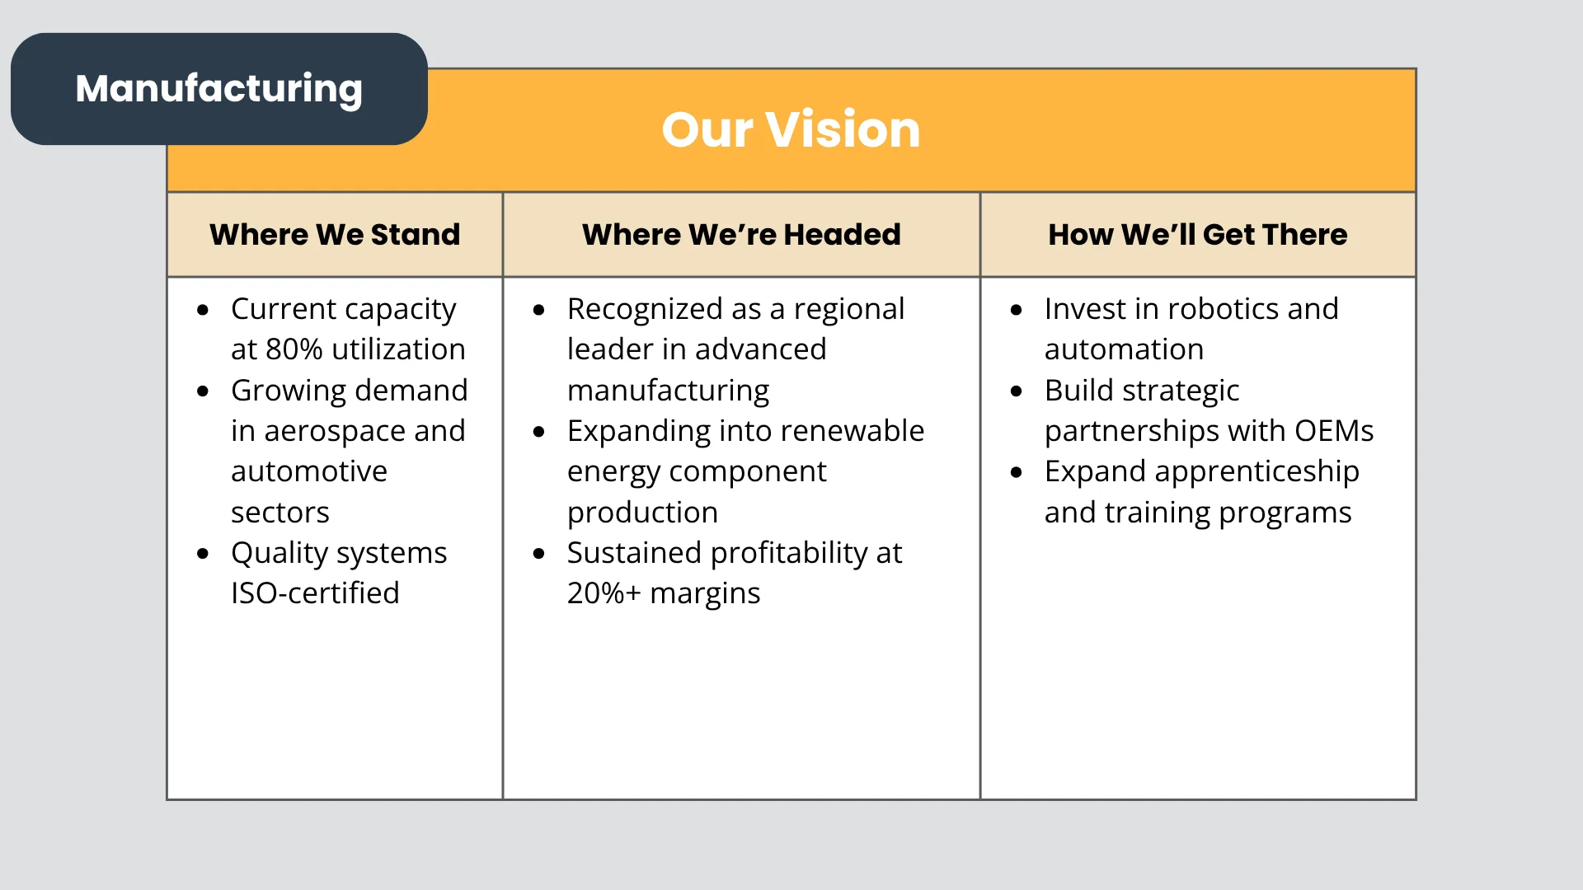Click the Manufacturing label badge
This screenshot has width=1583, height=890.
click(219, 89)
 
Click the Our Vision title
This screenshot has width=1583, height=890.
click(791, 129)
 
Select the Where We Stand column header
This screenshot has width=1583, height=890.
click(335, 235)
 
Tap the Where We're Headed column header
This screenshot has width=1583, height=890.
click(741, 235)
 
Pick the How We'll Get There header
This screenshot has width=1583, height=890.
click(1198, 235)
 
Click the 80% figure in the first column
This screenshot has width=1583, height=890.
click(294, 349)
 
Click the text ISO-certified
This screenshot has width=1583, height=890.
click(315, 593)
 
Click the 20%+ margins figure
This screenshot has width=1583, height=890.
click(664, 593)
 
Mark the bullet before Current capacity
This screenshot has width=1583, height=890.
click(203, 311)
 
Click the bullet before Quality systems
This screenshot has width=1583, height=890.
click(203, 554)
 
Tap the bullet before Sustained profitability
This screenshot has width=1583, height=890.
click(539, 554)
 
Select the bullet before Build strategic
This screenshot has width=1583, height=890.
click(1017, 391)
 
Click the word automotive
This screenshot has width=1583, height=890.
click(309, 471)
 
